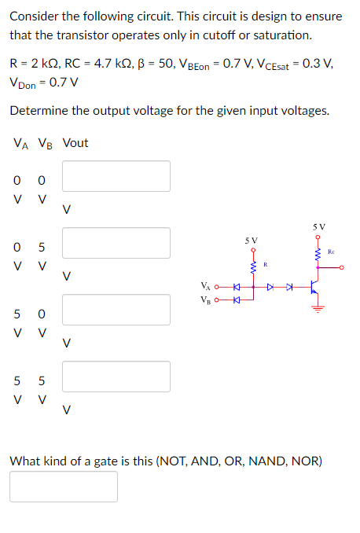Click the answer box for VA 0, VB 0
click(x=116, y=175)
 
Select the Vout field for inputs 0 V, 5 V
click(x=116, y=242)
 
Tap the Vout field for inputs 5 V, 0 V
click(x=116, y=309)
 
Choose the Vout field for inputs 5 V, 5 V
click(x=116, y=376)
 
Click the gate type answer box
click(x=64, y=486)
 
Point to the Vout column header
click(x=75, y=142)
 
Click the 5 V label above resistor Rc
click(x=318, y=224)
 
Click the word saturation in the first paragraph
click(x=286, y=35)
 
